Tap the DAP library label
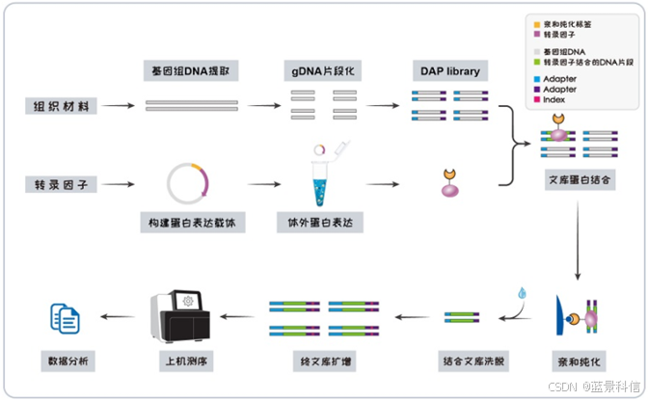tap(450, 71)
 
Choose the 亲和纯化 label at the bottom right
tap(577, 361)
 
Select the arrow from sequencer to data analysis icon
tap(119, 316)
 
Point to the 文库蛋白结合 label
tap(577, 181)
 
